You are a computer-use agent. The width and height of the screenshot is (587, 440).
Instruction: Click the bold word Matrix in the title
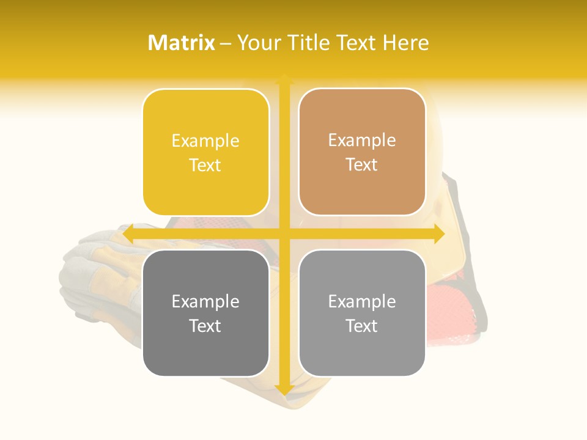[182, 43]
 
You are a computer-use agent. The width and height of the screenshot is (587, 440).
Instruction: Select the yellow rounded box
[205, 153]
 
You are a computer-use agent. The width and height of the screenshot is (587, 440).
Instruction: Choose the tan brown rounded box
[362, 152]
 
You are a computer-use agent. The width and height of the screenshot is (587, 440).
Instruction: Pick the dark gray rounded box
[205, 313]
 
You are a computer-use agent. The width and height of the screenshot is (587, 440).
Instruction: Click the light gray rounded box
[362, 313]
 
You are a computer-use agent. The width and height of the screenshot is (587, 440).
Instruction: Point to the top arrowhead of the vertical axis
[284, 79]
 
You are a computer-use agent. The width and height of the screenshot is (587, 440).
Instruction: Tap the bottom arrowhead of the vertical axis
[284, 390]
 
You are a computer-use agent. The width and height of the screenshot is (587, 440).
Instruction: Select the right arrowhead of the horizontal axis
[439, 234]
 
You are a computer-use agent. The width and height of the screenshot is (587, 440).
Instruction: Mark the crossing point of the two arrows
[284, 234]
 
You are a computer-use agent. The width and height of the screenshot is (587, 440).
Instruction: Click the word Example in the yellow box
[205, 141]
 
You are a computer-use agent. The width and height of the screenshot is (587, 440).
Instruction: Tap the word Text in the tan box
[362, 164]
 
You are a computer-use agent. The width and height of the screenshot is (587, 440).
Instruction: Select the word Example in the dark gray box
[205, 301]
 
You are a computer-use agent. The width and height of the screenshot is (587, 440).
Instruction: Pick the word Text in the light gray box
[362, 325]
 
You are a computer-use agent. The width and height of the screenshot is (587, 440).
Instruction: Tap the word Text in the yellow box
[205, 165]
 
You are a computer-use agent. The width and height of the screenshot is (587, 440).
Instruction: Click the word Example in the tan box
[362, 141]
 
